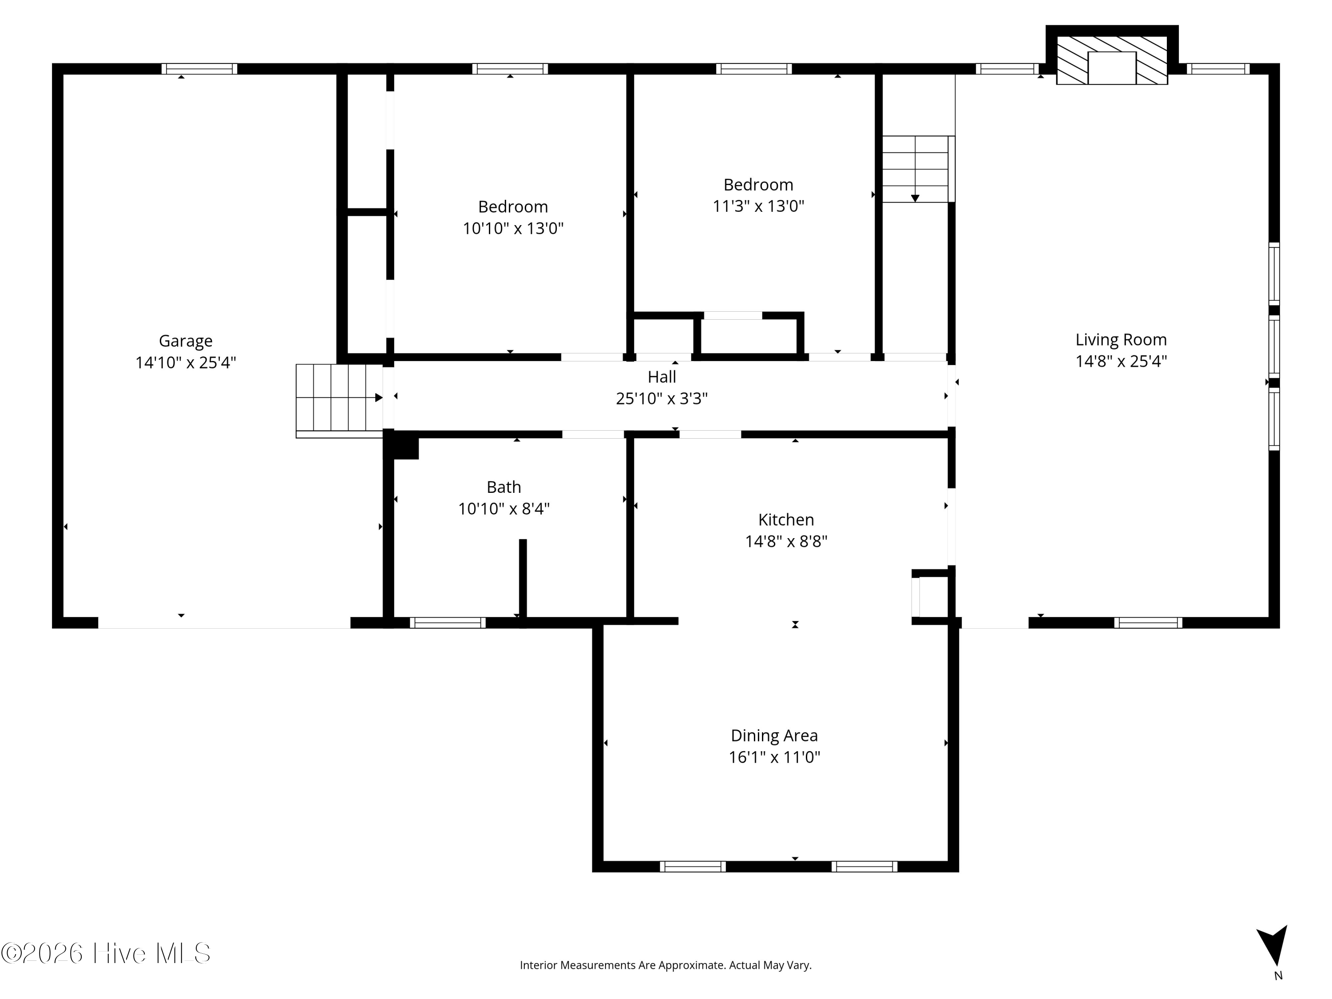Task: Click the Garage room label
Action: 186,341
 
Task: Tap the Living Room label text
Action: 1121,340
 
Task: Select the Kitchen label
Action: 786,519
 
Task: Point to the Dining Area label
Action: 774,735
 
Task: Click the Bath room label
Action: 503,487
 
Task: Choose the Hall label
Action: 662,377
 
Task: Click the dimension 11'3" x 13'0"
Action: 758,206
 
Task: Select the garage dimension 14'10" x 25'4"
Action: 186,362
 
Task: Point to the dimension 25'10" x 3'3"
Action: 662,399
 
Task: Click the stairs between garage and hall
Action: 340,400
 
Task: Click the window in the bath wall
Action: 448,622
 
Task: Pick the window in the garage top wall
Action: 199,69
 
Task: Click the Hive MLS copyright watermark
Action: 106,953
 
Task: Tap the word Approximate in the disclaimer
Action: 691,965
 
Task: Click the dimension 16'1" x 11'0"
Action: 774,757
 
